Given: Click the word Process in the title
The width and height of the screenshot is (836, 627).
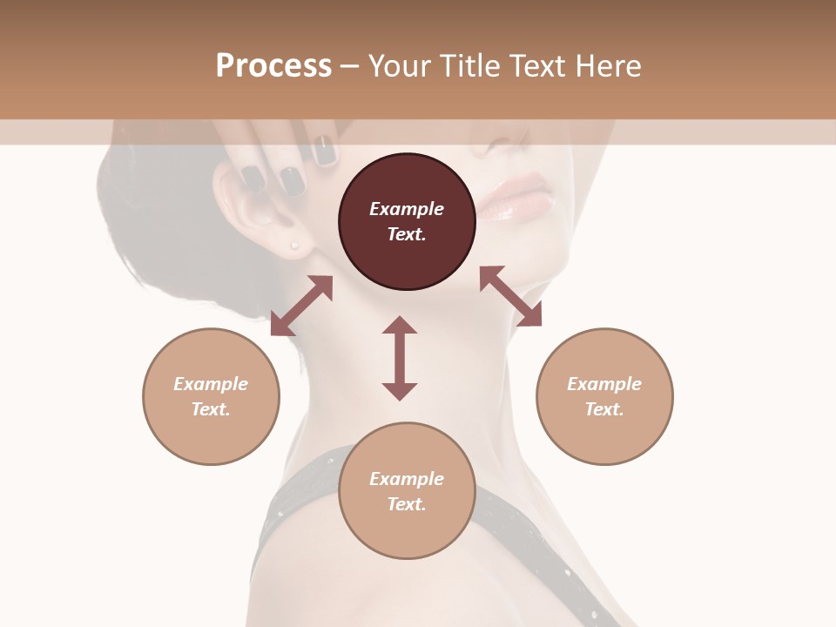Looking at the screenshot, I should pos(273,66).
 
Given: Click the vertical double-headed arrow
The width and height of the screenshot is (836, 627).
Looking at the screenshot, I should pos(400,358).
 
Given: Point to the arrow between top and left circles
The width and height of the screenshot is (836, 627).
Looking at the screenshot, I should pos(302,306).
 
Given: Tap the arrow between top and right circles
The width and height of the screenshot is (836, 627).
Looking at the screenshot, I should pos(510,296).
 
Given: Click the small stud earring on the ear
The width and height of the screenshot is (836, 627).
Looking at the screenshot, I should pos(295,246).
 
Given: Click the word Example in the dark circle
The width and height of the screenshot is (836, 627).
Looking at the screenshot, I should pos(407,209).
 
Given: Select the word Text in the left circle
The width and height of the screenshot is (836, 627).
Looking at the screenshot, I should pos(210,409).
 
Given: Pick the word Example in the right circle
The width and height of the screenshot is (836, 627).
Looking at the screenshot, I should pos(604,384).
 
